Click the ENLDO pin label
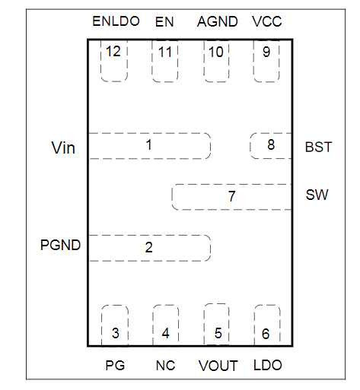point(115,21)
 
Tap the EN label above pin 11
point(164,21)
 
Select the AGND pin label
point(217,21)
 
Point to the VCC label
point(266,21)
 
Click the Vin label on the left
point(63,147)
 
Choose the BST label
point(318,147)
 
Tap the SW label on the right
point(317,195)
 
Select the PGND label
point(60,246)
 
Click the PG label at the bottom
point(115,366)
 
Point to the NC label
point(165,366)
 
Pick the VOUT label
point(218,366)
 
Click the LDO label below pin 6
point(267,366)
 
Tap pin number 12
point(114,52)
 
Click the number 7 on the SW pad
point(231,197)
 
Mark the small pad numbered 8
point(270,145)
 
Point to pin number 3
point(115,333)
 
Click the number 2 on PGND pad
point(149,247)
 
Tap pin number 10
point(216,52)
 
